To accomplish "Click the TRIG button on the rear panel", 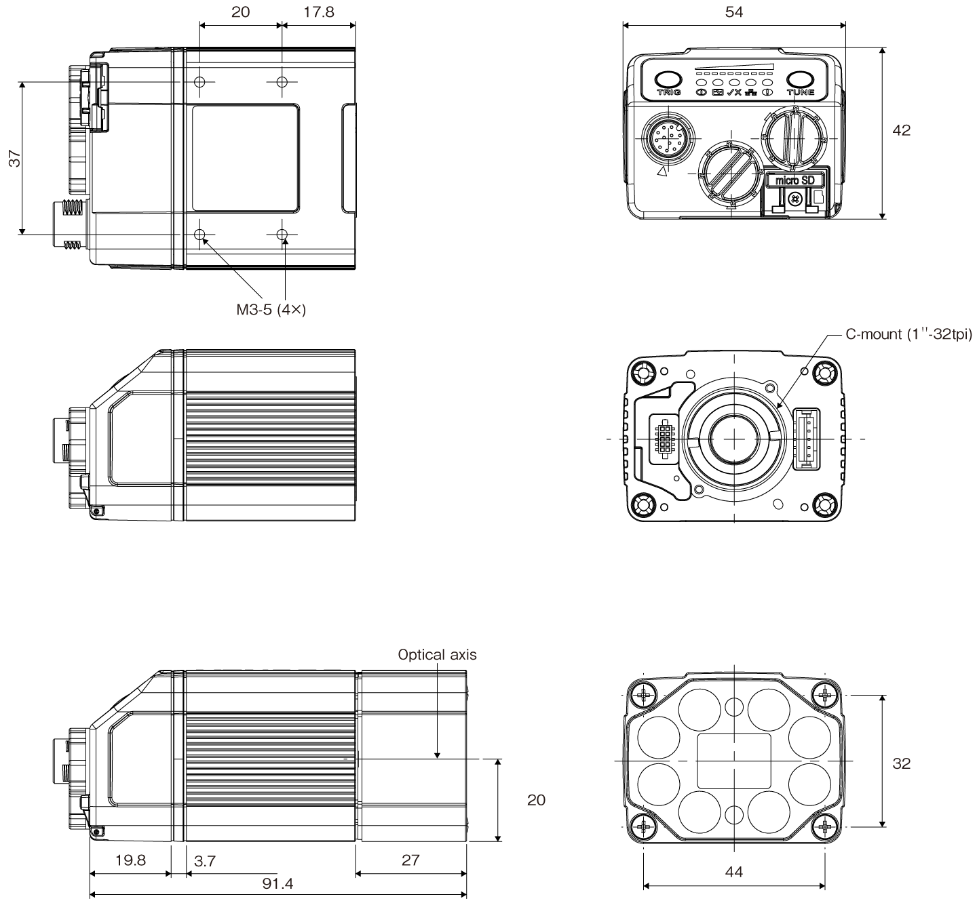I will (x=668, y=80).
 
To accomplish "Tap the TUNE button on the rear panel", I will (x=800, y=80).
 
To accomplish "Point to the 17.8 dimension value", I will (x=319, y=12).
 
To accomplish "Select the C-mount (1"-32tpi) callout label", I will (x=908, y=334).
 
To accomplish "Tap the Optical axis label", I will (x=437, y=654).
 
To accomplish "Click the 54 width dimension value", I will (x=734, y=12).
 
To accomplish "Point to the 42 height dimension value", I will (x=901, y=130).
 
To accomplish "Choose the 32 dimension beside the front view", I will (x=901, y=763).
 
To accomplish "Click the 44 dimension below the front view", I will (x=733, y=872).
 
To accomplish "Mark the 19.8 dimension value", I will (x=130, y=860).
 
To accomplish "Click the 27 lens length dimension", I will (x=410, y=860).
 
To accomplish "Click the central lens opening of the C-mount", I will (x=733, y=439).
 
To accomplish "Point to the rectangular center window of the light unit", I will (x=733, y=760).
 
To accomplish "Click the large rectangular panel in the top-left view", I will (x=246, y=158).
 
